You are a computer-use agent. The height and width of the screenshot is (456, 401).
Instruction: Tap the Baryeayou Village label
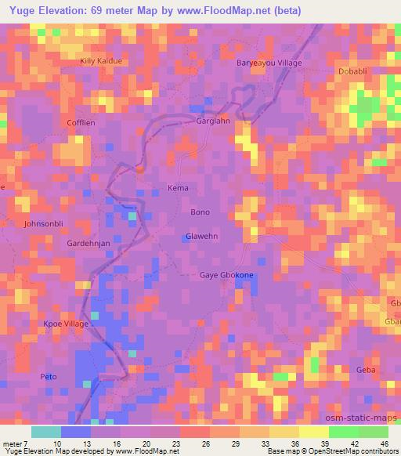click(x=269, y=63)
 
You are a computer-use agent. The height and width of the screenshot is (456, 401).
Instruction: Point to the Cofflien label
click(x=81, y=122)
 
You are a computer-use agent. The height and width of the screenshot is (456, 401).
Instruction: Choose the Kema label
click(x=179, y=188)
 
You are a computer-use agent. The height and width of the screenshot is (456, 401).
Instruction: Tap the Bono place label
click(x=200, y=212)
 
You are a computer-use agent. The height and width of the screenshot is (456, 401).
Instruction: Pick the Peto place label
click(x=49, y=377)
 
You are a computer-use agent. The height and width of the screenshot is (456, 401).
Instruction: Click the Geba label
click(x=366, y=369)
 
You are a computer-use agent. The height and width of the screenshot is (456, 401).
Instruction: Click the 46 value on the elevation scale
click(x=385, y=445)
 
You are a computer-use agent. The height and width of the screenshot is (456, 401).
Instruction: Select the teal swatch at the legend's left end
click(x=45, y=432)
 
